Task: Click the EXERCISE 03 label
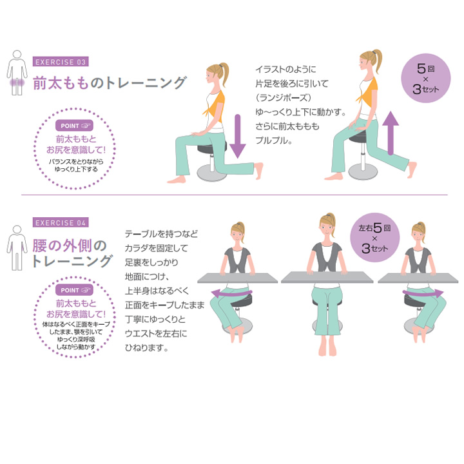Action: click(x=61, y=62)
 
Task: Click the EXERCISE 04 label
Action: click(x=61, y=222)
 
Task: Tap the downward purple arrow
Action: click(x=238, y=137)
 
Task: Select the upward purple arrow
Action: click(x=391, y=133)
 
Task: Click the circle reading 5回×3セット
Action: click(x=425, y=78)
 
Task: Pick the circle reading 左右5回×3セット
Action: click(x=374, y=237)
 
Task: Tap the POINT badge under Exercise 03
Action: click(x=74, y=126)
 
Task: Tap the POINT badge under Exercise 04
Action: click(x=74, y=290)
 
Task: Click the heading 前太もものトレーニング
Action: click(x=110, y=82)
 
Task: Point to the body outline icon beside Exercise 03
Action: click(x=17, y=73)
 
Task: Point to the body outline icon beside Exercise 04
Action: click(x=17, y=248)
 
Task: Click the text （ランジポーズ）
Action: click(x=284, y=98)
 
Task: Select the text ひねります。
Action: click(x=146, y=347)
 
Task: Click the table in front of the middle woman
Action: click(x=327, y=277)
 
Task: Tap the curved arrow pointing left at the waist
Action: click(x=231, y=294)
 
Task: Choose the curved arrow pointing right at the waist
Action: click(x=423, y=294)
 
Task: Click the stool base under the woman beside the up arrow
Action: click(x=363, y=171)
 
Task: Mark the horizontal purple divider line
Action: click(x=235, y=195)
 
